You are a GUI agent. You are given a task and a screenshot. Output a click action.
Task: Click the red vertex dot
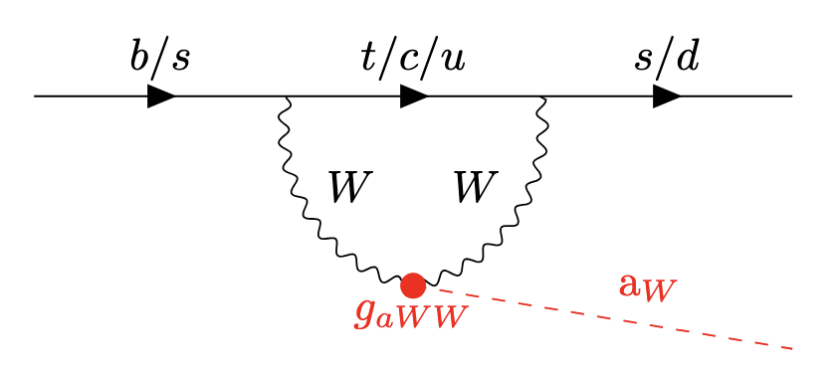tap(413, 285)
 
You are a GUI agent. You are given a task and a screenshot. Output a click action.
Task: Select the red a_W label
tap(647, 287)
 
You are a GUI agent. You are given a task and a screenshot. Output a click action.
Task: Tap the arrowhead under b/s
tap(161, 96)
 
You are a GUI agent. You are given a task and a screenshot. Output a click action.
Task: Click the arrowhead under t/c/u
tap(414, 96)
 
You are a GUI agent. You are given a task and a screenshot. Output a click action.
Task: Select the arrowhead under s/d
tap(667, 96)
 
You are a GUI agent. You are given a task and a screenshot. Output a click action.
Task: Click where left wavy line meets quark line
tap(288, 96)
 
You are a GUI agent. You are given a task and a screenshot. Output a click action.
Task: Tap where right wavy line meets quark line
tap(541, 96)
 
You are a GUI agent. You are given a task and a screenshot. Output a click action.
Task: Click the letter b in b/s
tap(139, 57)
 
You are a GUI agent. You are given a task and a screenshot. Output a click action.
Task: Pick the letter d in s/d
tap(688, 57)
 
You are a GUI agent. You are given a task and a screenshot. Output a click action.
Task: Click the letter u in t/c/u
tap(454, 61)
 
